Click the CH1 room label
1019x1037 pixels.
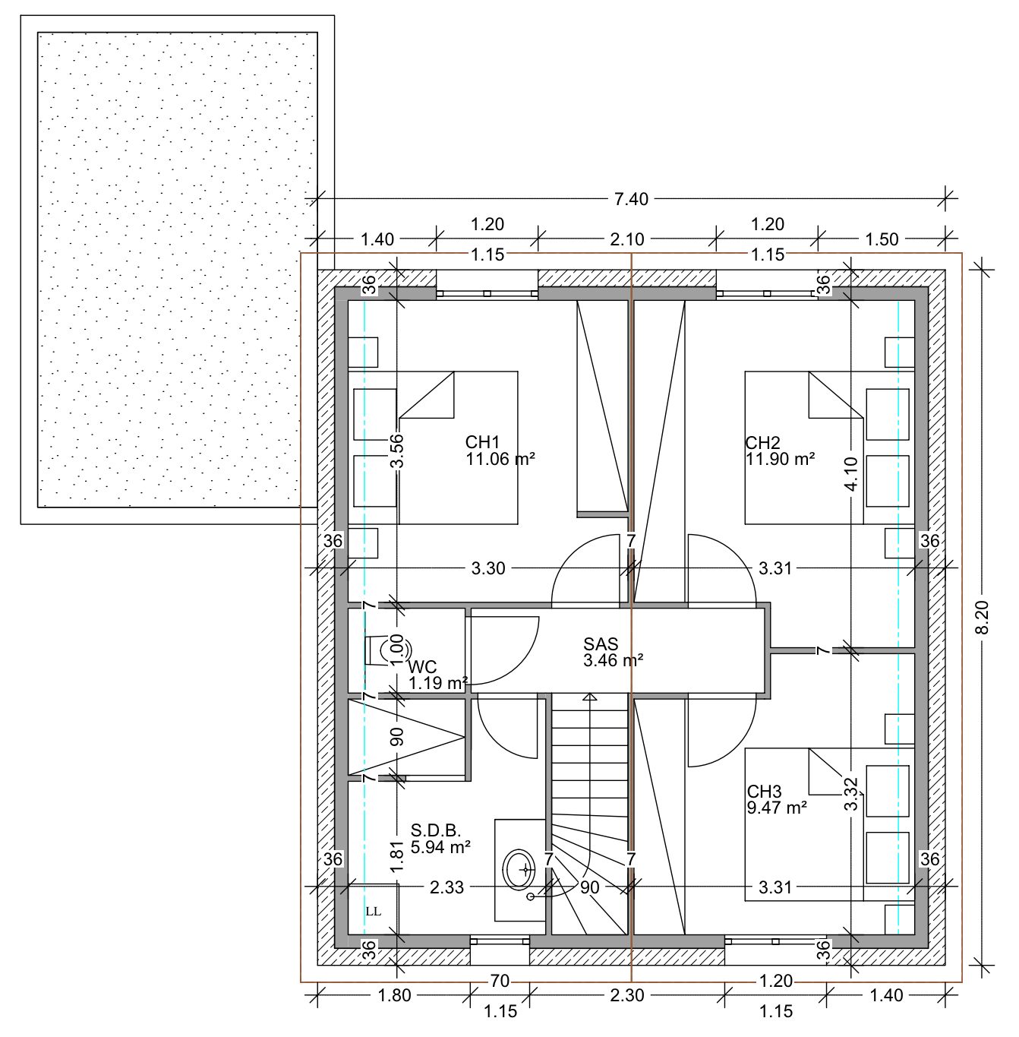point(483,442)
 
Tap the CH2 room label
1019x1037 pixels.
point(762,443)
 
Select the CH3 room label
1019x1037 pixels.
point(764,792)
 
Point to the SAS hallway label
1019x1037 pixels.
point(601,643)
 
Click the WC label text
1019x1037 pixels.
point(422,667)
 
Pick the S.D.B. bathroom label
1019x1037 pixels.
point(436,830)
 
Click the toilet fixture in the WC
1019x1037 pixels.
point(387,650)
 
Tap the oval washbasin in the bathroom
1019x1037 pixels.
point(519,868)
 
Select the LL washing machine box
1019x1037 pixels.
point(373,911)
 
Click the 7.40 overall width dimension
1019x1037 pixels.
point(631,199)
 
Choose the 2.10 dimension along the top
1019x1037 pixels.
point(626,239)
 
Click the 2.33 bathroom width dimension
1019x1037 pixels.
point(446,887)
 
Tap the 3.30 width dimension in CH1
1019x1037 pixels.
point(488,568)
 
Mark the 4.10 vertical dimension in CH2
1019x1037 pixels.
point(851,473)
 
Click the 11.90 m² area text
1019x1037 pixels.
point(780,459)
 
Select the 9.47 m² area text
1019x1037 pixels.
point(776,808)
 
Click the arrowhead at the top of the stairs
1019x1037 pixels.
point(590,697)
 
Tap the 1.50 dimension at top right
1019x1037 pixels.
point(882,239)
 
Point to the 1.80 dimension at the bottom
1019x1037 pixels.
point(394,995)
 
